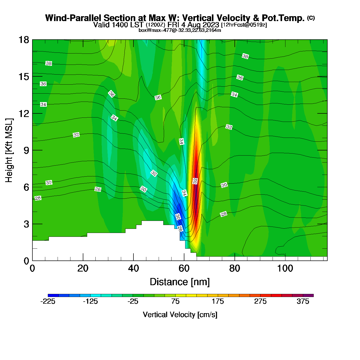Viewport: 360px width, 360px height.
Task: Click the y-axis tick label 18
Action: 23,40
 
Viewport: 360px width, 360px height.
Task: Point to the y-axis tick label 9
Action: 26,150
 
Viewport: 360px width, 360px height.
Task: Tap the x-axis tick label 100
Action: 285,269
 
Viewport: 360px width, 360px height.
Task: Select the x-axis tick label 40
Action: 133,269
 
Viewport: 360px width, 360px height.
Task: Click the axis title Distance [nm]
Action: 180,282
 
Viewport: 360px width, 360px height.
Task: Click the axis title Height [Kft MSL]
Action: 9,150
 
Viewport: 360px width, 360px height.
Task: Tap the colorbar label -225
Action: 48,302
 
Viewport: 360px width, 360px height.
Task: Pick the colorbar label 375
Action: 303,302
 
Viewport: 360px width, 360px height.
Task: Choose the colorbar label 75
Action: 175,302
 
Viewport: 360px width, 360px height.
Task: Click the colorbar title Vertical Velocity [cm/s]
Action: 180,315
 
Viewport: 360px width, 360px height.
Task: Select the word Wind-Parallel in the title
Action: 74,18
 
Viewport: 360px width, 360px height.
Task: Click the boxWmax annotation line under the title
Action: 180,30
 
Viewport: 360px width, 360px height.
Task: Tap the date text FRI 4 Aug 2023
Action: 193,25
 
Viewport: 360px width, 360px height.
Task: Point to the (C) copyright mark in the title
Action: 311,18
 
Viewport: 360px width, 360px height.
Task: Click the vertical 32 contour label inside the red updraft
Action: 195,181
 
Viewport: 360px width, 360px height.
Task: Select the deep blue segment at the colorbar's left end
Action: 53,295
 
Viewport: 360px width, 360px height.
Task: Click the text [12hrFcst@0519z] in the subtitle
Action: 244,25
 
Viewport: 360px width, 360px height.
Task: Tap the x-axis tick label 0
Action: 32,269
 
